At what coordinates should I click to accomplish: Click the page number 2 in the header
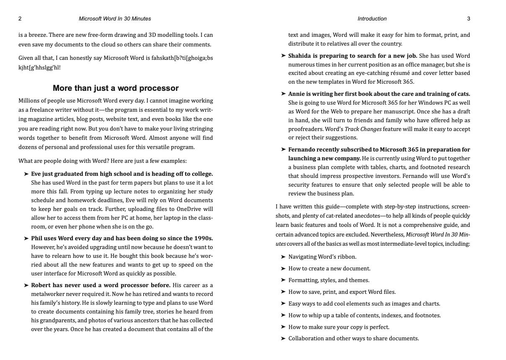[x=20, y=19]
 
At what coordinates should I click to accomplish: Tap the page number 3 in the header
[x=468, y=19]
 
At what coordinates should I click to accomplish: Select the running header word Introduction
[x=372, y=19]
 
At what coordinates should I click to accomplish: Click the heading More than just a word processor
[x=116, y=88]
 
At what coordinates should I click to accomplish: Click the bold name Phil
[x=37, y=238]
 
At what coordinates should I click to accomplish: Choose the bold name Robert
[x=41, y=285]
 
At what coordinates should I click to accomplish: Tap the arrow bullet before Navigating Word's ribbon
[x=284, y=257]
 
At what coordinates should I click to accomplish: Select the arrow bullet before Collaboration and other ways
[x=284, y=338]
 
